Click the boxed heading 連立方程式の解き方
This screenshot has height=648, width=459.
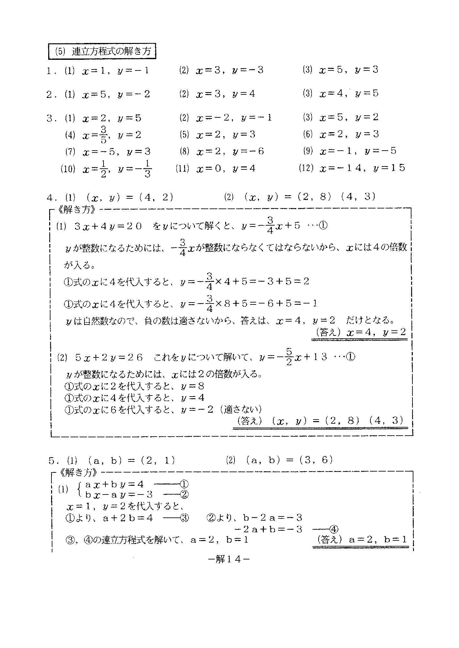coord(102,52)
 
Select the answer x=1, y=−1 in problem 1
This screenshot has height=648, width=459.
coord(115,71)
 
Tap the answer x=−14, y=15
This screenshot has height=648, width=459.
coord(362,168)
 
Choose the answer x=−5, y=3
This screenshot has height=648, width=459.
coord(116,152)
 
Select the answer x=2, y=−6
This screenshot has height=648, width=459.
coord(230,151)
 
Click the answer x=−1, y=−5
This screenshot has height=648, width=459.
coord(358,151)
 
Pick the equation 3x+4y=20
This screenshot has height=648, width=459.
coord(108,226)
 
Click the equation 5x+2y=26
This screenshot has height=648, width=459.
coord(109,357)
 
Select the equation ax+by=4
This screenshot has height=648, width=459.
coord(114,484)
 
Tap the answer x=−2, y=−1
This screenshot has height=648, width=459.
coord(234,118)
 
